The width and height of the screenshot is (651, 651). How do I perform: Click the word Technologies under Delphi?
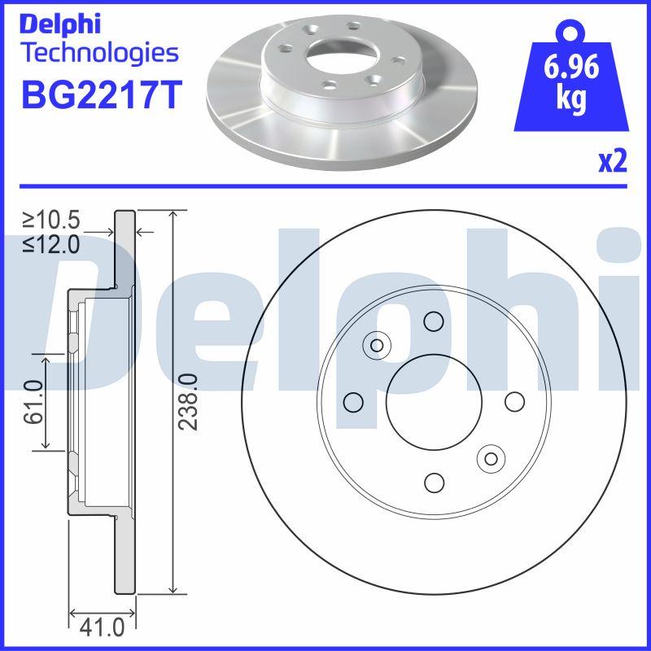(x=98, y=54)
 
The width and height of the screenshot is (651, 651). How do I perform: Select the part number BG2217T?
(x=98, y=94)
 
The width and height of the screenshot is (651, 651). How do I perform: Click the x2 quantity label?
(x=613, y=163)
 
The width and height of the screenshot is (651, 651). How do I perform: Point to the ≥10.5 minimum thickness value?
(x=51, y=220)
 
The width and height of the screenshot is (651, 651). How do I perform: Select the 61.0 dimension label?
(x=33, y=402)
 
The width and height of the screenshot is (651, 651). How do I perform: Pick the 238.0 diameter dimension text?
(x=189, y=402)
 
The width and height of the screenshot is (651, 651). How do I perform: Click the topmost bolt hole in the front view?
(x=434, y=321)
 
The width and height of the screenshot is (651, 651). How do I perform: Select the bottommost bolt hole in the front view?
(x=434, y=483)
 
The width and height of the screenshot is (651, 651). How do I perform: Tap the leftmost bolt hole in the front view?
(x=353, y=402)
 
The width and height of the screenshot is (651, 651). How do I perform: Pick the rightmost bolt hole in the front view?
(x=514, y=402)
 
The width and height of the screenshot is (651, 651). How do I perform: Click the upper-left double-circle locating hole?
(x=377, y=345)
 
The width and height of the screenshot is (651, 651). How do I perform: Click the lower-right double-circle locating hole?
(x=491, y=459)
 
